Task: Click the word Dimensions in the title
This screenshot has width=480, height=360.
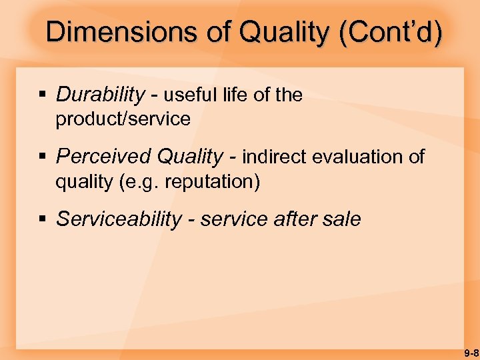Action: coord(122,32)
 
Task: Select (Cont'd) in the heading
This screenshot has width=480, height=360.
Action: coord(390,32)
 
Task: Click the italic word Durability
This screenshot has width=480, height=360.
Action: coord(99,95)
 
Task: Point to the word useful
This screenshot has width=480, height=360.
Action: coord(191,95)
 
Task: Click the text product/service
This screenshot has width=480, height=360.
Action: coord(123,119)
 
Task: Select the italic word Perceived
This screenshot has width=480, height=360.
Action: coord(103,157)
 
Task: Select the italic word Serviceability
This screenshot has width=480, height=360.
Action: coord(118,219)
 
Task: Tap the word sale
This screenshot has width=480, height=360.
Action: coord(341,219)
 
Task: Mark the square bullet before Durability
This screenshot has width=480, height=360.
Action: coord(42,96)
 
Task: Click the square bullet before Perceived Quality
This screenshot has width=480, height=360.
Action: coord(42,157)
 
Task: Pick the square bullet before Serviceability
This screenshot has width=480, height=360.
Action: coord(42,220)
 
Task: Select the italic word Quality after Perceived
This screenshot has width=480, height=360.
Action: coord(189,157)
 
